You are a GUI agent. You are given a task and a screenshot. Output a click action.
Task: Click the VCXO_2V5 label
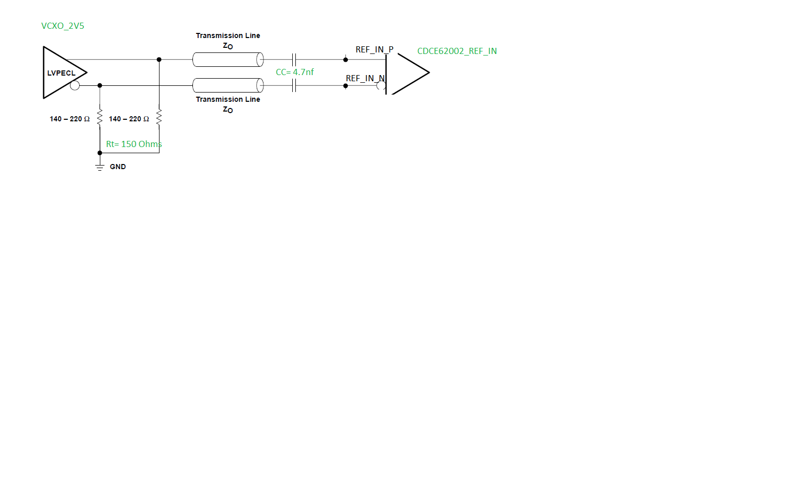[62, 26]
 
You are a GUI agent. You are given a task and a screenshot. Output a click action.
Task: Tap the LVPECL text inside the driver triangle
[61, 73]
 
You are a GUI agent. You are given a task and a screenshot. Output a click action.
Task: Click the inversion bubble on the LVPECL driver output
[75, 85]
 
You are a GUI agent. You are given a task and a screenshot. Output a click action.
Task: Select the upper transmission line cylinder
[228, 60]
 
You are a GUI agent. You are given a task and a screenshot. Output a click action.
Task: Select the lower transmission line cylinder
[228, 85]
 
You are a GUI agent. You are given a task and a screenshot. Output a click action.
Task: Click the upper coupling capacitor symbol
[294, 60]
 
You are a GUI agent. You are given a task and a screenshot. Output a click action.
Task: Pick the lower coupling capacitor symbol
[294, 85]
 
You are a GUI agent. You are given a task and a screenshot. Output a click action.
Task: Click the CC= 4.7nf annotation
[294, 72]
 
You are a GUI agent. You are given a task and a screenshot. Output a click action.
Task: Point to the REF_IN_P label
[374, 49]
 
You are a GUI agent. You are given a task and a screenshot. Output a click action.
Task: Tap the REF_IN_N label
[365, 78]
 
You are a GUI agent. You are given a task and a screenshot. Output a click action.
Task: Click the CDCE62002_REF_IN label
[457, 51]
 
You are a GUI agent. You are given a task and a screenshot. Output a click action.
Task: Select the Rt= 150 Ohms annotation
[134, 144]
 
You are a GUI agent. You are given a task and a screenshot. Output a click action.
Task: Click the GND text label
[118, 167]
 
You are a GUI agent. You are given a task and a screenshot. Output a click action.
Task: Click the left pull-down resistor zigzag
[100, 117]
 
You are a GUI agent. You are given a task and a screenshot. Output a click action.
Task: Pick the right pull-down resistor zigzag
[159, 117]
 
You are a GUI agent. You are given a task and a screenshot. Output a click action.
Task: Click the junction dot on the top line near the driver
[159, 60]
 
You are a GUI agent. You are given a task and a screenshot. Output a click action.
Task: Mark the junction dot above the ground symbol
[100, 153]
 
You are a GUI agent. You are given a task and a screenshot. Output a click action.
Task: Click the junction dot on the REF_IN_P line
[345, 60]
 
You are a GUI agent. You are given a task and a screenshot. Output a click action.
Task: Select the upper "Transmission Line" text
[228, 35]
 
